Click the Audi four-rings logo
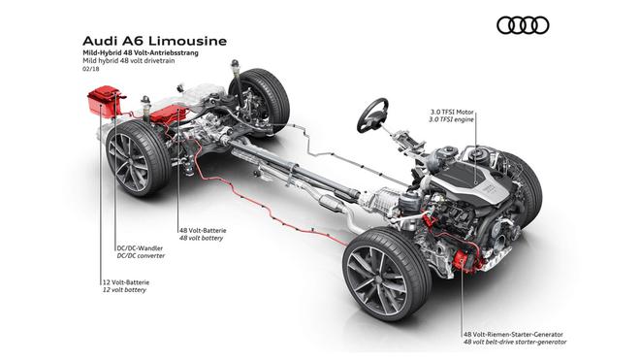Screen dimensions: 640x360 (523, 25)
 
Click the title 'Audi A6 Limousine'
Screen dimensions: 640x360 (155, 42)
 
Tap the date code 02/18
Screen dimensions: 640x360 (90, 69)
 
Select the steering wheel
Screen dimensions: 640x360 (372, 115)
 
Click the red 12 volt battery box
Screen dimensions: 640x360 (105, 101)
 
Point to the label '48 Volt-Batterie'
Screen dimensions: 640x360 (203, 231)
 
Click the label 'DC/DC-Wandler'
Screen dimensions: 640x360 (140, 248)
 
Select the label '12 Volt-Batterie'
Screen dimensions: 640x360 (126, 282)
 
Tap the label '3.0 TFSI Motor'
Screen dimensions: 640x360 (452, 112)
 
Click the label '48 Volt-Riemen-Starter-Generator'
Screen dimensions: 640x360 (513, 334)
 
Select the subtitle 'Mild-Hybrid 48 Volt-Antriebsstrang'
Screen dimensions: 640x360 (141, 53)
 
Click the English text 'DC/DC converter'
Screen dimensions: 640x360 (141, 256)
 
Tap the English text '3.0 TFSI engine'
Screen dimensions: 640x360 (452, 119)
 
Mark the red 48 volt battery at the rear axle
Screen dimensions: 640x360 (168, 114)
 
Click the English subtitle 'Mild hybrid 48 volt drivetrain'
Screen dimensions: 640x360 (129, 61)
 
